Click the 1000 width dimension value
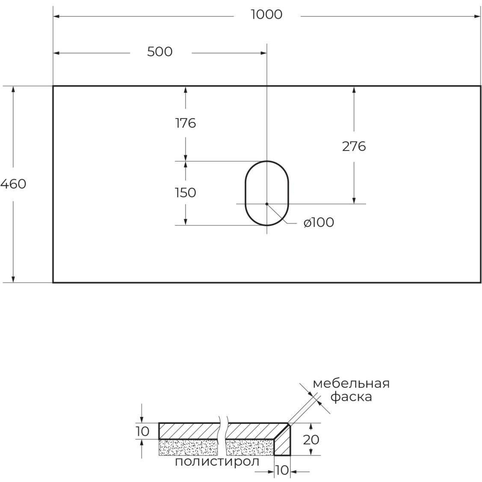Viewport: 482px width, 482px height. coord(266,15)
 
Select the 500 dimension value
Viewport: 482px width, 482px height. coord(160,52)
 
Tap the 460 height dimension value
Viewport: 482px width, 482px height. coord(13,184)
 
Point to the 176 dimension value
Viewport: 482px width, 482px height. coord(186,123)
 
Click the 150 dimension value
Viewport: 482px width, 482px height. coord(186,193)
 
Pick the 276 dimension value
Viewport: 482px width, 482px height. coord(354,147)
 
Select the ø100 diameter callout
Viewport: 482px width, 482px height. coord(319,222)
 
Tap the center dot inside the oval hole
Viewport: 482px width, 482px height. coord(267,204)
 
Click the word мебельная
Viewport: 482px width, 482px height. coord(351,383)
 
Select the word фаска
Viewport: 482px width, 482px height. coord(351,397)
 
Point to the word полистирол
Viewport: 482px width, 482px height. coord(217,462)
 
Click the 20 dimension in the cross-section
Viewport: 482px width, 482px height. coord(311,439)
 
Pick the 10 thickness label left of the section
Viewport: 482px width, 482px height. coord(142,431)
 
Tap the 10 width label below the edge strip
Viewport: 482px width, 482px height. coord(282,470)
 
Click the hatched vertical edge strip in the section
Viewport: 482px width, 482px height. coord(283,443)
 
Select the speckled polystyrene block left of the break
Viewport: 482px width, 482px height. coord(188,448)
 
